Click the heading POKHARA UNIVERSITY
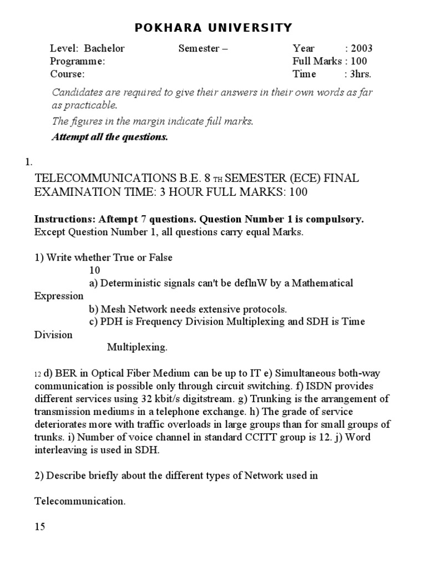pos(213,28)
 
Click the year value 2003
pos(362,48)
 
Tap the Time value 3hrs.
pos(360,74)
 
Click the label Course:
pos(67,74)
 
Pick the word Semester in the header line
pos(199,48)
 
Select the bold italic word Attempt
pos(70,137)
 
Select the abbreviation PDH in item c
pos(111,322)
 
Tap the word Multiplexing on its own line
pos(137,348)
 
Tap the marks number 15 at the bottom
pos(40,527)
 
